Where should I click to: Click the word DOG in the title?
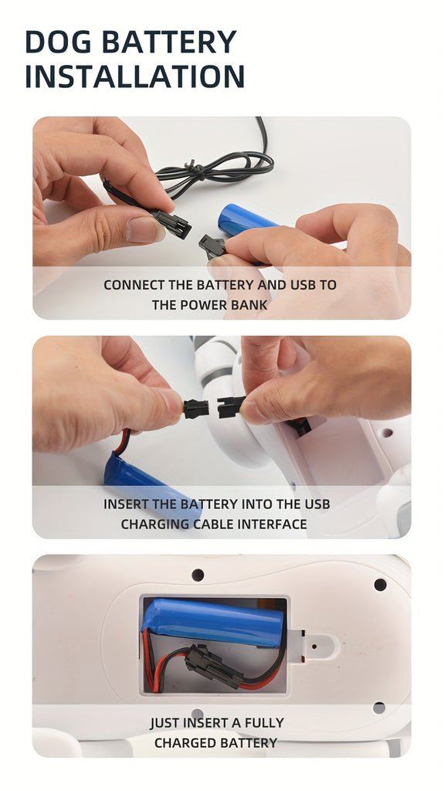click(59, 42)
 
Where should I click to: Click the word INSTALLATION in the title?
click(134, 76)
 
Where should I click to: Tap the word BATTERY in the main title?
click(169, 42)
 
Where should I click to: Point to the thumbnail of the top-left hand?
click(145, 229)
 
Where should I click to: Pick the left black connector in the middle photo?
click(195, 408)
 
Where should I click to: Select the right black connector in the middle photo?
click(230, 406)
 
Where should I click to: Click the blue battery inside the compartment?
click(213, 623)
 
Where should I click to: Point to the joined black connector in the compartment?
click(214, 667)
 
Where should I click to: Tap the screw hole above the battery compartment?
click(198, 575)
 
